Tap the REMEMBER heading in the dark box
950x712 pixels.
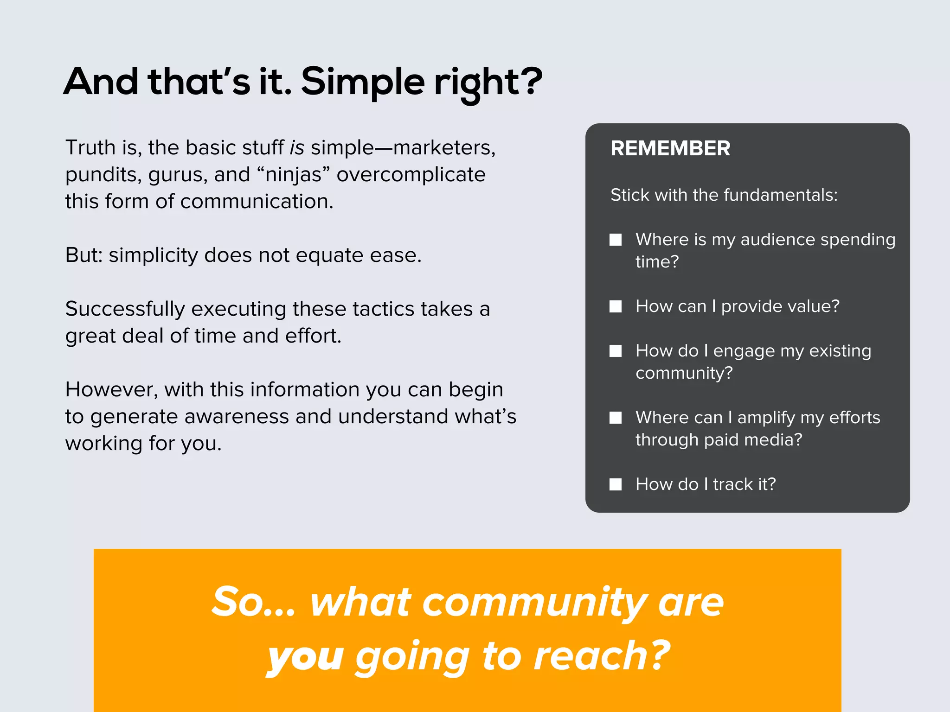[x=670, y=148]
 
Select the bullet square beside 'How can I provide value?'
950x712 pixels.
[x=616, y=306]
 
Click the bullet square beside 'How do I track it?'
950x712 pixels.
[x=616, y=484]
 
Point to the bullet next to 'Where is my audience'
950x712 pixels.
[x=616, y=240]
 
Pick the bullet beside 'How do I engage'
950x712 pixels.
[x=616, y=351]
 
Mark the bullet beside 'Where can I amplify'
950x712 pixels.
[x=616, y=418]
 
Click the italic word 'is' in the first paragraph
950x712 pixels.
[x=297, y=148]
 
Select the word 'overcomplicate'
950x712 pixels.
[x=411, y=175]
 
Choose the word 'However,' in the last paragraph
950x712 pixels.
[x=111, y=390]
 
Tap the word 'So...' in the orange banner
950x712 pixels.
[x=253, y=602]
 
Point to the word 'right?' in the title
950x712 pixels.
[x=488, y=82]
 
